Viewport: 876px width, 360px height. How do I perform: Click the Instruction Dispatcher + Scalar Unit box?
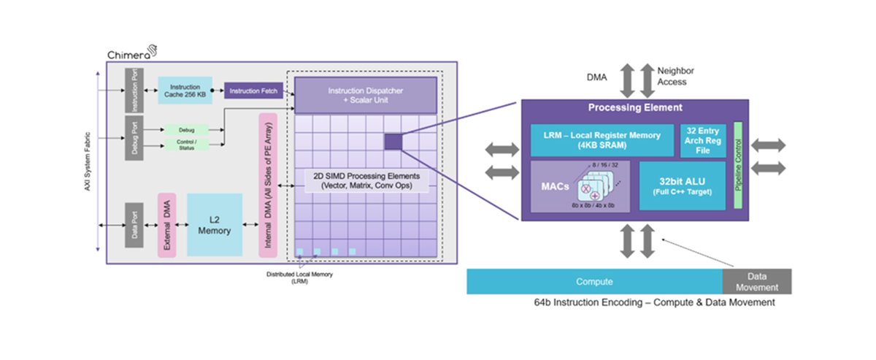click(365, 94)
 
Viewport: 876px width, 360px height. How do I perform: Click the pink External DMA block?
click(167, 225)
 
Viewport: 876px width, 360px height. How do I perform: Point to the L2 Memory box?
click(215, 225)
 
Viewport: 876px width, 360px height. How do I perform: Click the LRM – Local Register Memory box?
click(602, 139)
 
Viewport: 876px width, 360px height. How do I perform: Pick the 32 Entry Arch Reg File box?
click(703, 140)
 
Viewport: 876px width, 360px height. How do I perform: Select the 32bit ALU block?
click(682, 185)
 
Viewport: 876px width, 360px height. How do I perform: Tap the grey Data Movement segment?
click(756, 282)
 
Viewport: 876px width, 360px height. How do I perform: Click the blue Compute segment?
click(594, 282)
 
